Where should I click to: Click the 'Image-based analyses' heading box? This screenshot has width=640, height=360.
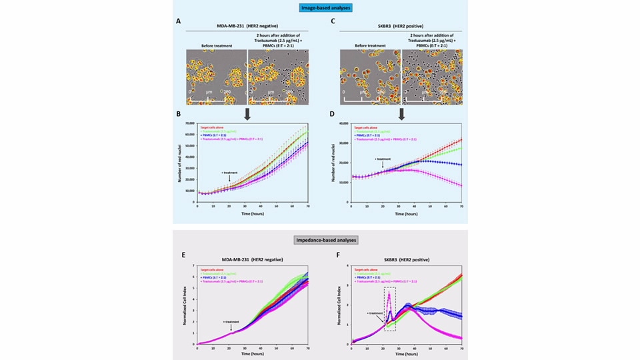point(320,9)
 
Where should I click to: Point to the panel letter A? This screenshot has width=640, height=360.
point(178,22)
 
